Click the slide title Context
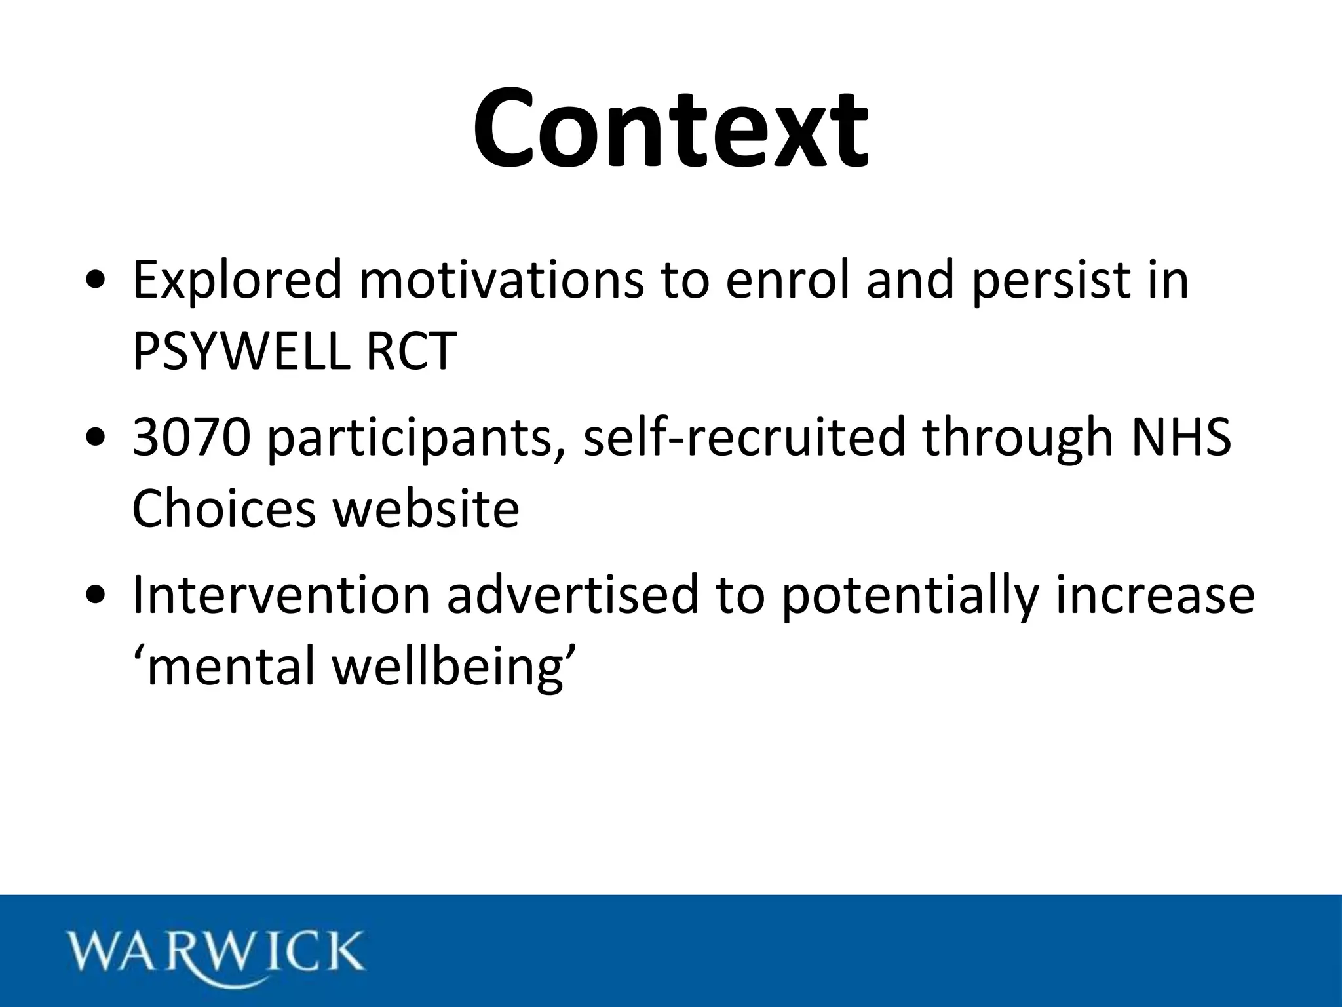671,128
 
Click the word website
427,509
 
